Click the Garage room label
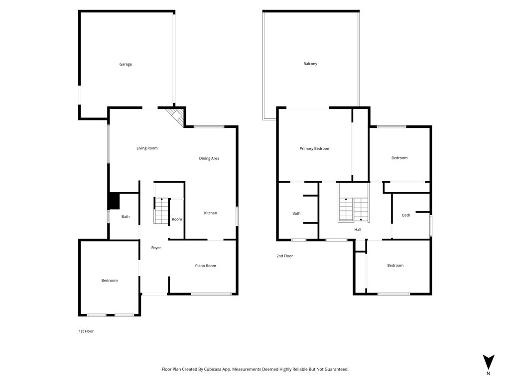[x=126, y=64]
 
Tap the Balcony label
[x=310, y=64]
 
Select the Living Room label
[x=147, y=148]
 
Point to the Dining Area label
[x=209, y=159]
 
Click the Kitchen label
[x=211, y=213]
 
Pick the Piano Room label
[x=206, y=266]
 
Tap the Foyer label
[x=156, y=248]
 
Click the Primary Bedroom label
[x=315, y=149]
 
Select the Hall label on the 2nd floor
[x=358, y=230]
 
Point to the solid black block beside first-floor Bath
[x=114, y=201]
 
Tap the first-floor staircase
[x=162, y=211]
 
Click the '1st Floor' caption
[x=86, y=331]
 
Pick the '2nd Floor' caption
[x=284, y=256]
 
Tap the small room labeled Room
[x=177, y=219]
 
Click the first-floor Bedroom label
[x=109, y=281]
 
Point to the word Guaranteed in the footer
[x=336, y=370]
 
